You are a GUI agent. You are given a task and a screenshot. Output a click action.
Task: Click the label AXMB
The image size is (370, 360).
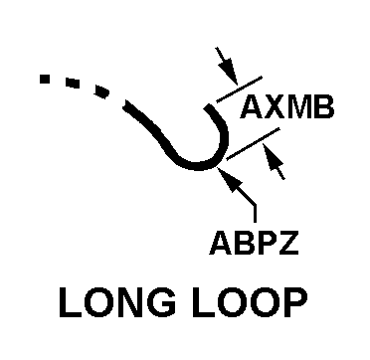287,107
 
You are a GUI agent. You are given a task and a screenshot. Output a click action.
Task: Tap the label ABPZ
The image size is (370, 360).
254,244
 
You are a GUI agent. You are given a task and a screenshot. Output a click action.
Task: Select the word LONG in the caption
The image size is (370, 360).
117,302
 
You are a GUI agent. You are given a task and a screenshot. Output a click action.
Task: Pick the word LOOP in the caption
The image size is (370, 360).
246,302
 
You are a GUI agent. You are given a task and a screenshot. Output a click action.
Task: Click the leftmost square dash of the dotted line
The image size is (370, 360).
45,79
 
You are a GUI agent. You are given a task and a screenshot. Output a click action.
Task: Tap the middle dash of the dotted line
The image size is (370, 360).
73,83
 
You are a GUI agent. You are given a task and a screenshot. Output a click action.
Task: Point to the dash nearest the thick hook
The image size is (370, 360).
101,91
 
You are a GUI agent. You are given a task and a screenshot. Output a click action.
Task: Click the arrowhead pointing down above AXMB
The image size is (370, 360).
230,72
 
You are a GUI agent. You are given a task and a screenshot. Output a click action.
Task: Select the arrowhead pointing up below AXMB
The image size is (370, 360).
272,157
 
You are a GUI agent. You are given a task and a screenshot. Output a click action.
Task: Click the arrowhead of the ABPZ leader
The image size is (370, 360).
230,179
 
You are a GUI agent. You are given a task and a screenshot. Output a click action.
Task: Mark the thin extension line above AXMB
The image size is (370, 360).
239,90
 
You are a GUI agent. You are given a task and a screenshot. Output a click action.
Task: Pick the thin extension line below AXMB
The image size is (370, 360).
253,144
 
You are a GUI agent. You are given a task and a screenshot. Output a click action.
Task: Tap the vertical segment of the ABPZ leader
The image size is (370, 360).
255,214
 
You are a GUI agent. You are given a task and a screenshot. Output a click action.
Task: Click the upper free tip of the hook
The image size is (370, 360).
208,107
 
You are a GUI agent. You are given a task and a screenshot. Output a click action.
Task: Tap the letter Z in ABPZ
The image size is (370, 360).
289,244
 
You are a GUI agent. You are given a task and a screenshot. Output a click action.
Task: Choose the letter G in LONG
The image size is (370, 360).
162,302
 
